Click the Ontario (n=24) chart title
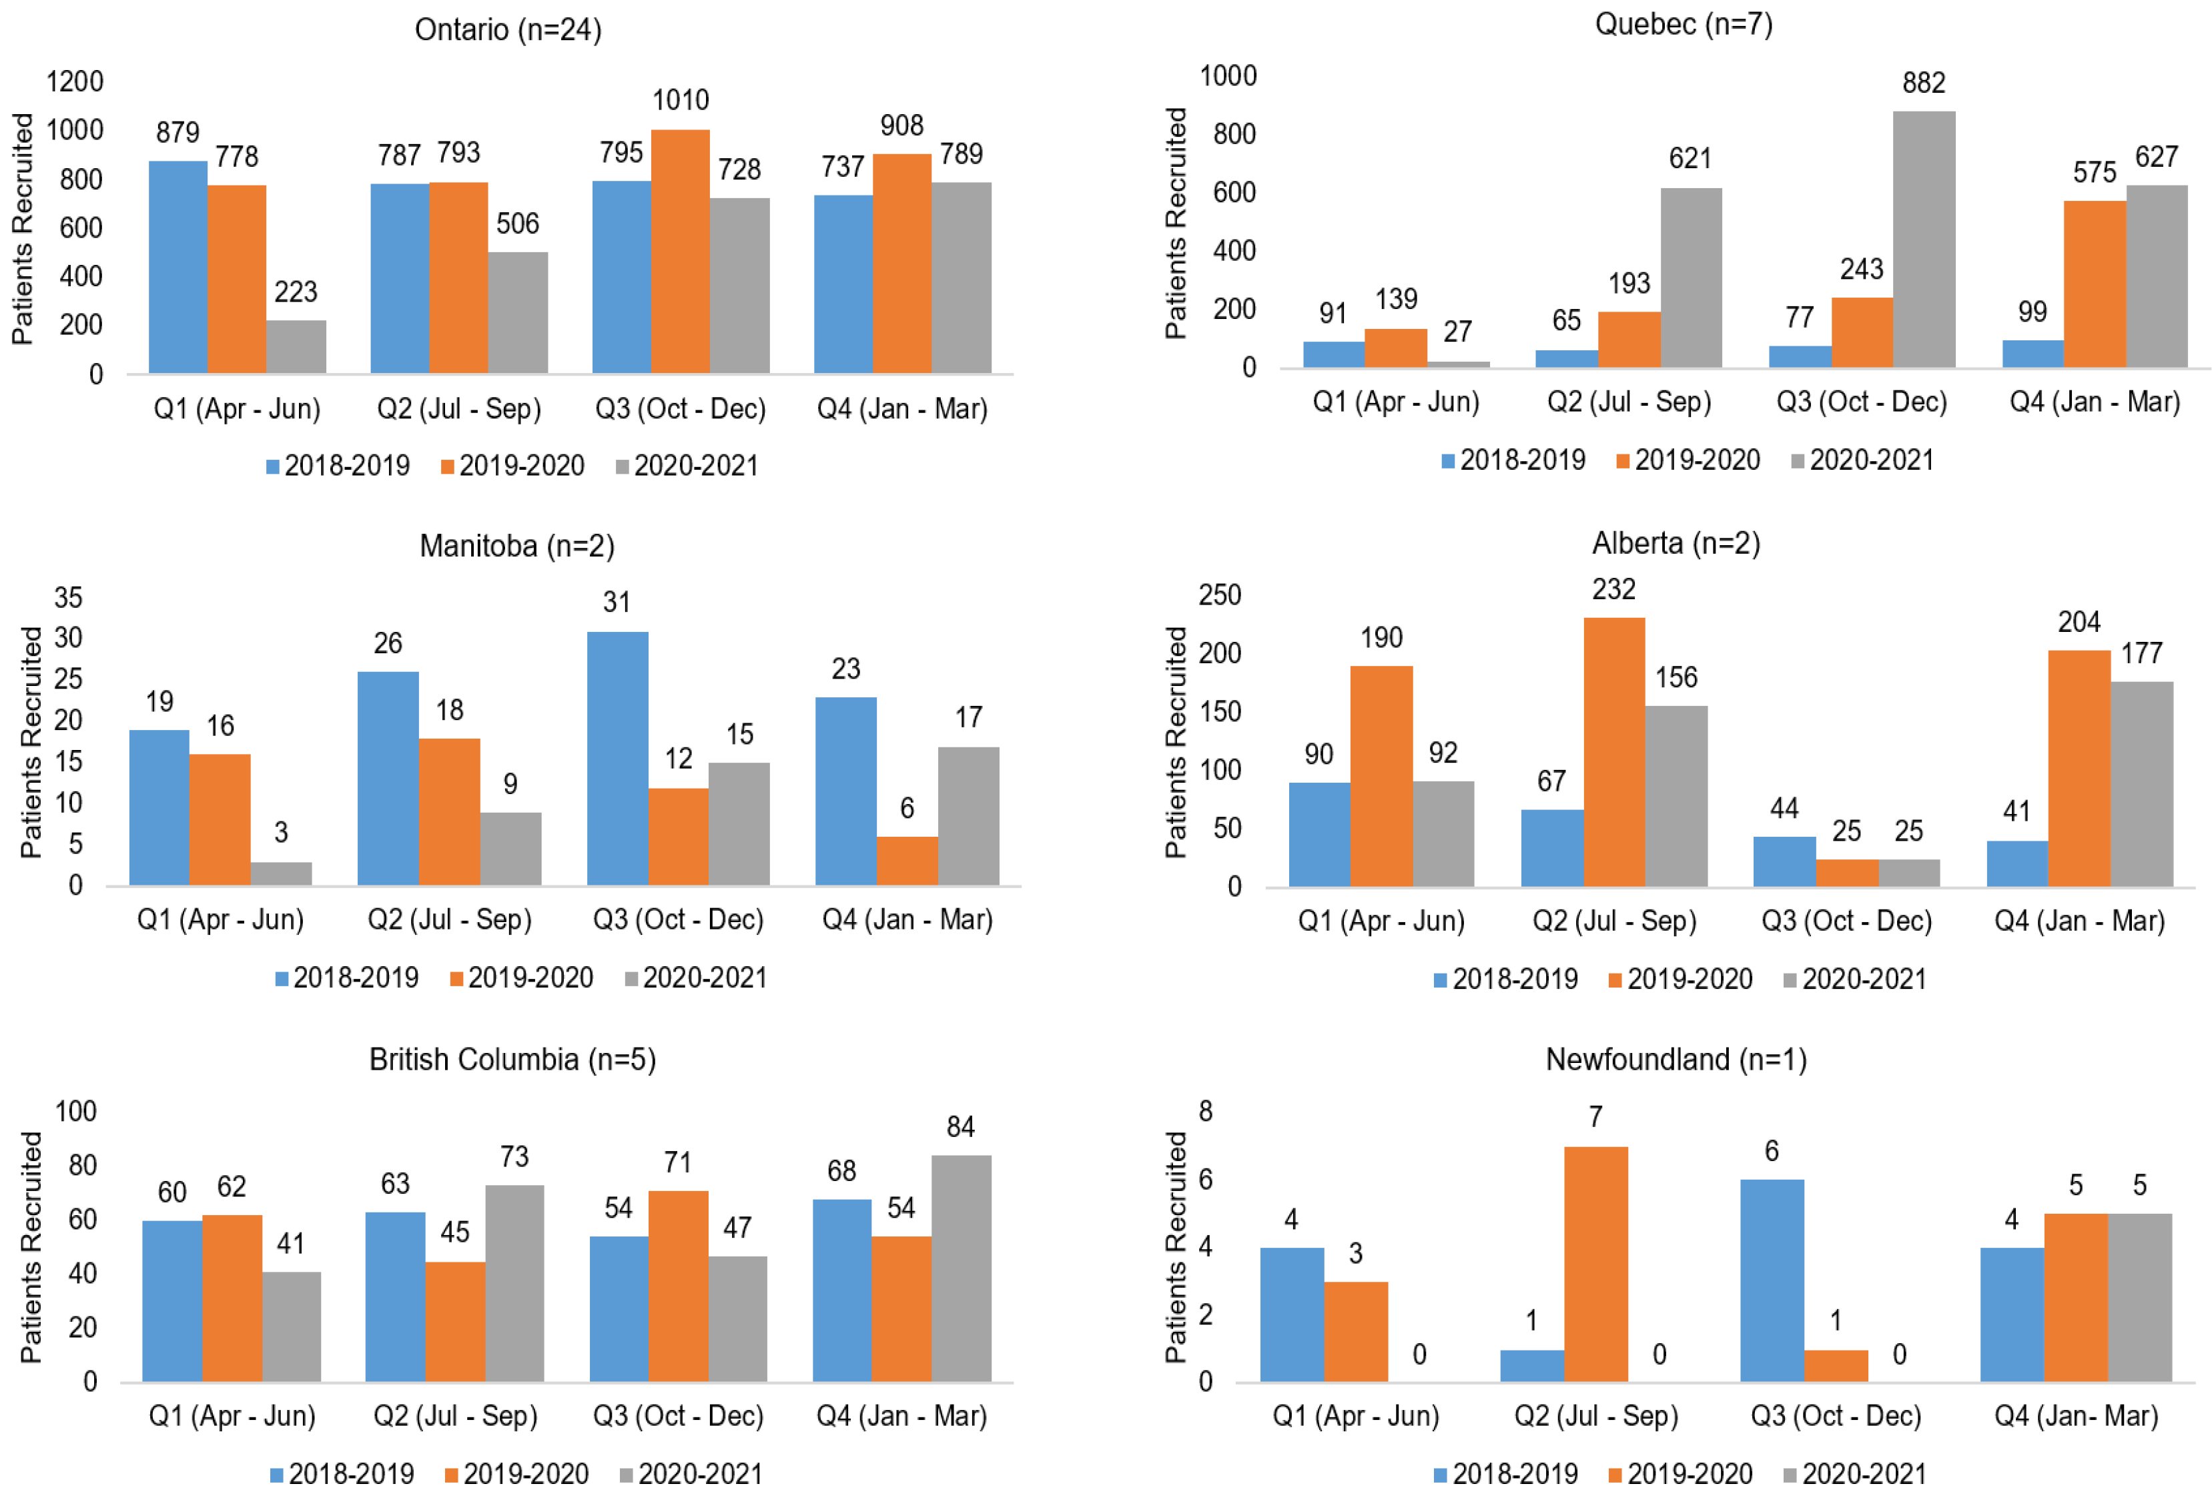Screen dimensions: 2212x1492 tap(508, 29)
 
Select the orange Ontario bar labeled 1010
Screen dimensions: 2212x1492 tap(680, 251)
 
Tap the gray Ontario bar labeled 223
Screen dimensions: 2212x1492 tap(296, 346)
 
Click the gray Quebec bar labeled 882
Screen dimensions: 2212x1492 tap(1924, 239)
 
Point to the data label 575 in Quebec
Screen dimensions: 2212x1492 tap(2094, 172)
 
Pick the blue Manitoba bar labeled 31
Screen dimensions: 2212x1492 tap(617, 759)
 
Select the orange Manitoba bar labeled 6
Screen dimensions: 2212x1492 tap(907, 861)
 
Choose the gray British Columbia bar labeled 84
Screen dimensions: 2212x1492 tap(961, 1268)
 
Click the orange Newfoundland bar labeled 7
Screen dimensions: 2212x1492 tap(1595, 1264)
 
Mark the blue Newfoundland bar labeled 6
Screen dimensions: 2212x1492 tap(1772, 1280)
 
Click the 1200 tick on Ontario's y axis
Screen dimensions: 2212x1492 tap(75, 81)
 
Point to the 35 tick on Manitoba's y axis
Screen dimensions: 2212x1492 tap(69, 598)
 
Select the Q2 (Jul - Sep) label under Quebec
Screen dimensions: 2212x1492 tap(1629, 402)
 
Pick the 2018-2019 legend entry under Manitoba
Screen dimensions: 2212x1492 tap(346, 978)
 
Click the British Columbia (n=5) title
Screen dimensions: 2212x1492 tap(513, 1059)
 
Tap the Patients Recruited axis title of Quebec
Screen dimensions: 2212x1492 tap(1177, 223)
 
